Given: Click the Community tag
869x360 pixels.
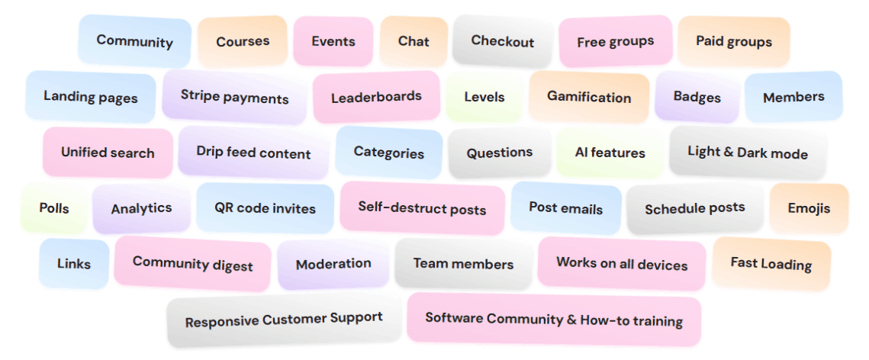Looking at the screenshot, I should [134, 41].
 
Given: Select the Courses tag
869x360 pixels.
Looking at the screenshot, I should [243, 42].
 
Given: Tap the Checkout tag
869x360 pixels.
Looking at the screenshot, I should [502, 41].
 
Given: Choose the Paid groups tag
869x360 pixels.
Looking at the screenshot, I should [733, 42].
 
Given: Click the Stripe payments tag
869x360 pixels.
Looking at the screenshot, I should [234, 97].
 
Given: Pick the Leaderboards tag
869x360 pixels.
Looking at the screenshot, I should [376, 97].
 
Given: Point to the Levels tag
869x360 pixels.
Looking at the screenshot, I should [484, 97].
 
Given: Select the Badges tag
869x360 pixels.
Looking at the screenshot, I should [697, 97].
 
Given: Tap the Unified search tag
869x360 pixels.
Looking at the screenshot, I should [108, 153].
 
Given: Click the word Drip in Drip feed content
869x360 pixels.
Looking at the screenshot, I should [211, 151].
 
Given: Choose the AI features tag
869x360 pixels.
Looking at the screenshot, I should [610, 153].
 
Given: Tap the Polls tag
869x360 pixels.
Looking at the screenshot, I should [53, 208].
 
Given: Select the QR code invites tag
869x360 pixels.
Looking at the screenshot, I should [265, 208].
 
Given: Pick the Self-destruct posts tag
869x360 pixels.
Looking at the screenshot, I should [422, 207].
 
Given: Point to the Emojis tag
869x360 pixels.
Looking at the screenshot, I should [809, 208].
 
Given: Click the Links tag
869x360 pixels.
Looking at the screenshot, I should [74, 264].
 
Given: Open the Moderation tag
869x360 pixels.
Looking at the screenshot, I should [333, 264].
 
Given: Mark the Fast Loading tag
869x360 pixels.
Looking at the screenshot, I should [771, 264].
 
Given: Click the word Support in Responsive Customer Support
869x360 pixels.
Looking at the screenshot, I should [356, 318].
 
